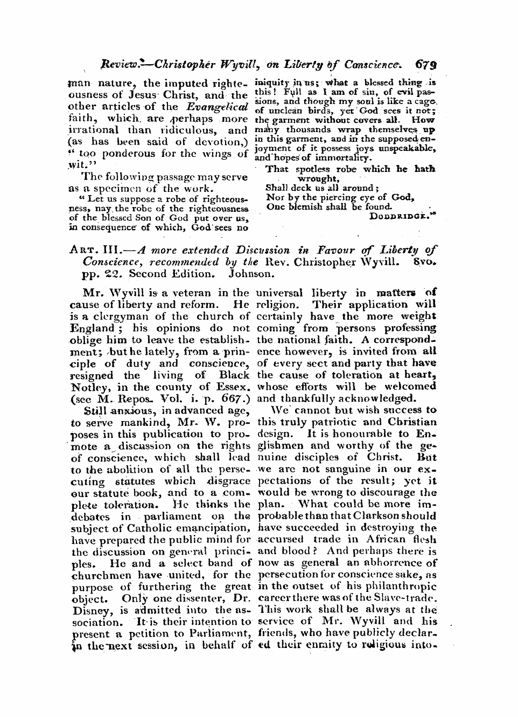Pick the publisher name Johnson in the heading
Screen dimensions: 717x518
point(251,273)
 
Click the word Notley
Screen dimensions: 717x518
point(88,387)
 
